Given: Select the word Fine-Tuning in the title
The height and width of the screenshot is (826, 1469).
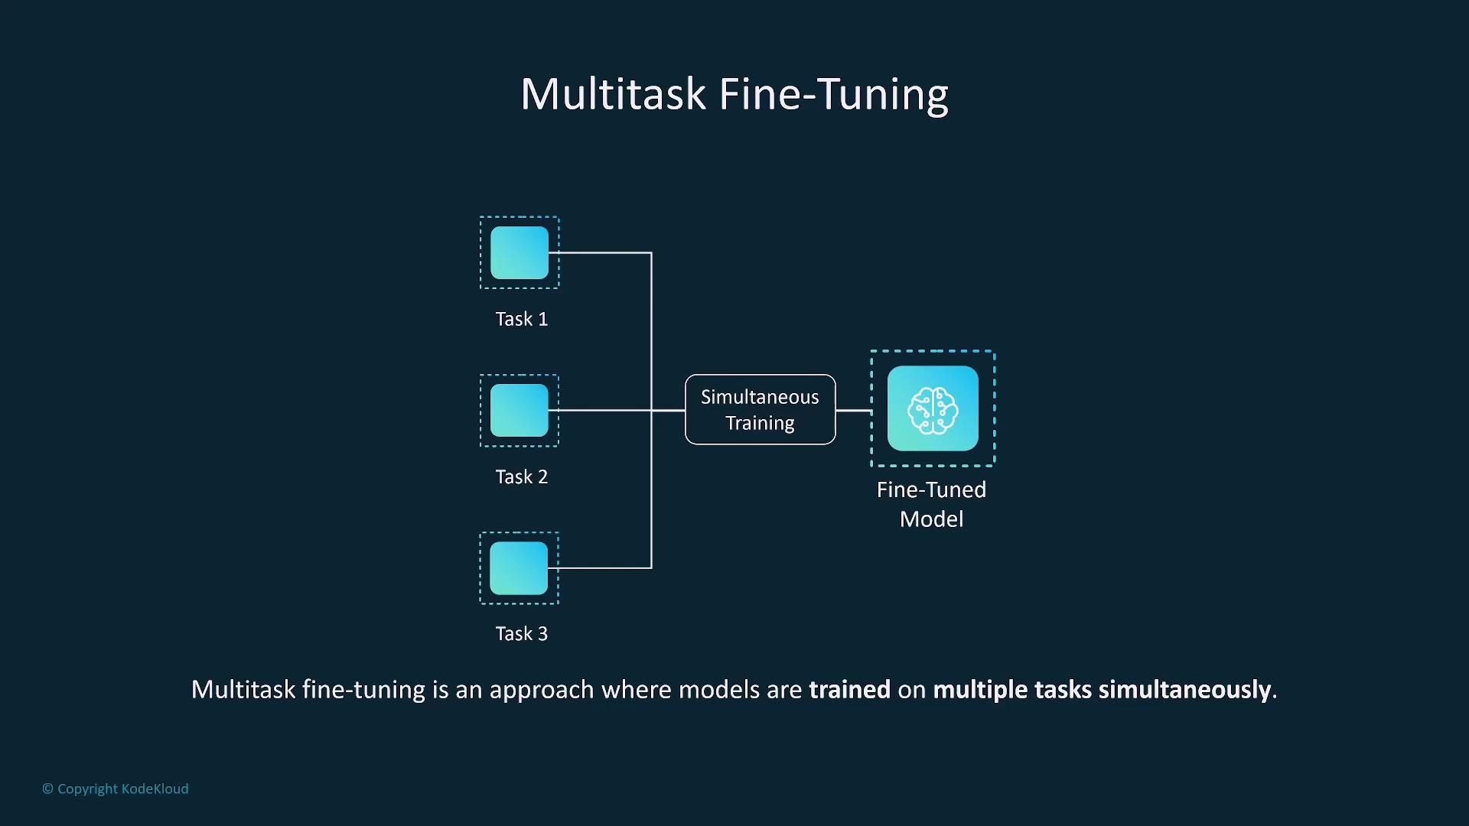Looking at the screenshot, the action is [834, 95].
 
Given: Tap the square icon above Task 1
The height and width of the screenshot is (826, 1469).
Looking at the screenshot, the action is [520, 252].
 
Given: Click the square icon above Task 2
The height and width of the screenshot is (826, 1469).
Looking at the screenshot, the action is [520, 411].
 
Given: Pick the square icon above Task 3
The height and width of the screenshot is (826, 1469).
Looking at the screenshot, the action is [519, 568].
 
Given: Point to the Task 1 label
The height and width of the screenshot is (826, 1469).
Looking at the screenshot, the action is [522, 319].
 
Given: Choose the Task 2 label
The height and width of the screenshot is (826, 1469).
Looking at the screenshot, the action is [522, 476].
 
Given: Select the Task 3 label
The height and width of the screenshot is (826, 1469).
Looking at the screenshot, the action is [522, 633].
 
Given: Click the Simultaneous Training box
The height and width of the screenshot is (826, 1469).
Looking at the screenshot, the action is [761, 409].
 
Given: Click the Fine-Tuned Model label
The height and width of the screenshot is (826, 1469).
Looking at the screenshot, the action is [932, 504].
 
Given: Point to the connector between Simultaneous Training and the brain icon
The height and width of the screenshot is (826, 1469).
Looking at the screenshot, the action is [854, 411].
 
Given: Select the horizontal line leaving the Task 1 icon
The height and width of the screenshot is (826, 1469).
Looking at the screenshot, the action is [601, 252].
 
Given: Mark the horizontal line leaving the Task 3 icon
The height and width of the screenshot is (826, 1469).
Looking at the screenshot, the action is [601, 567].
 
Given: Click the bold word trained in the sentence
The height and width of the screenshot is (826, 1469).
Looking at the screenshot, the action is [850, 689].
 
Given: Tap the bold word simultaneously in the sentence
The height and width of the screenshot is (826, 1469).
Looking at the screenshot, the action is [1185, 690].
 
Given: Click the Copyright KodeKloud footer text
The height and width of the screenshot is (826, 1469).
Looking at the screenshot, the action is [116, 789].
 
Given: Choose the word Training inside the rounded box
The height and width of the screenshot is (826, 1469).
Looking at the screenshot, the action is [760, 424].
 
